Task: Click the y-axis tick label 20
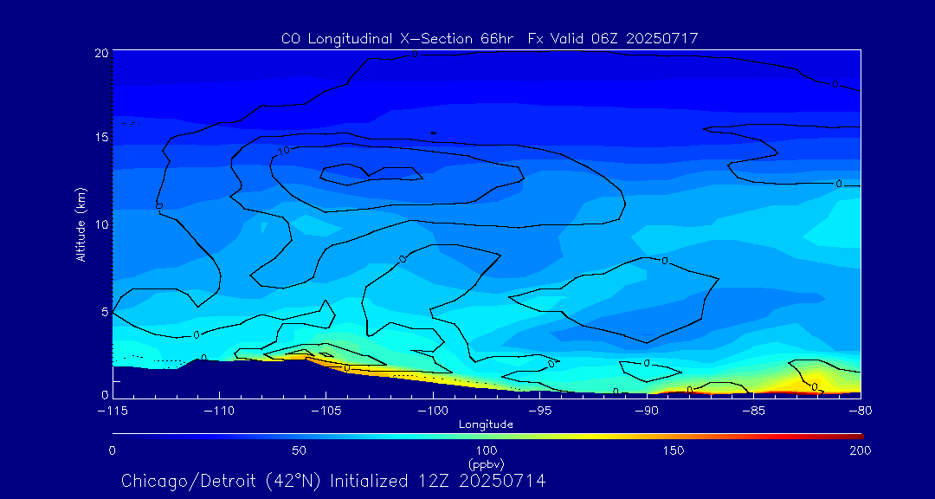click(100, 53)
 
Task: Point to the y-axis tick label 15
click(100, 138)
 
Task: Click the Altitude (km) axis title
click(81, 224)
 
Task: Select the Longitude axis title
click(486, 424)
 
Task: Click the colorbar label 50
click(299, 450)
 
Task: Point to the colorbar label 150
click(674, 450)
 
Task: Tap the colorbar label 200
click(860, 450)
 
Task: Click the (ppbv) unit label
click(486, 464)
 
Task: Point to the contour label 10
click(284, 151)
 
